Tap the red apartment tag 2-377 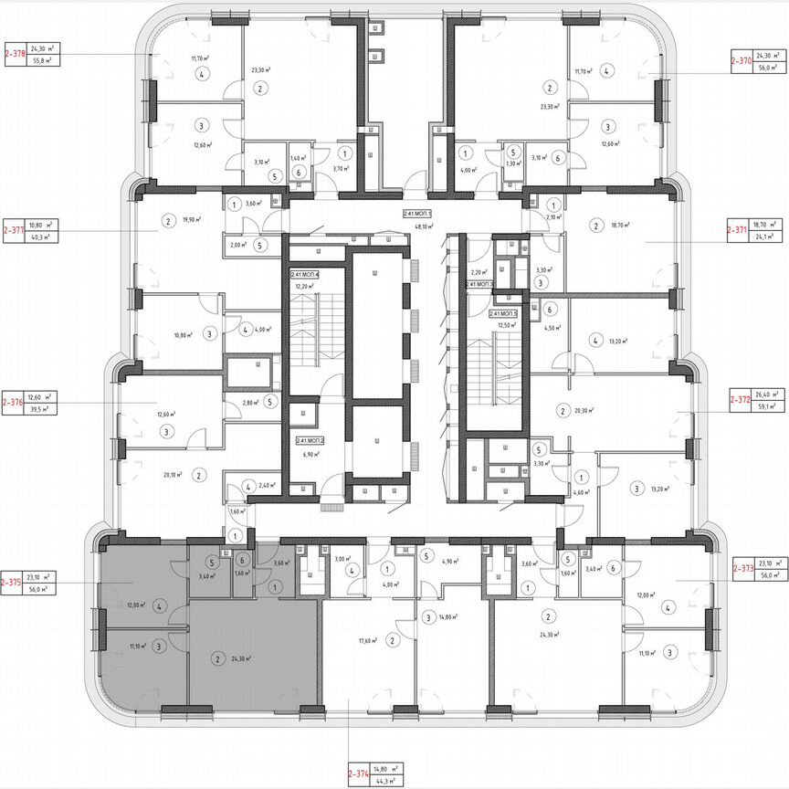[14, 230]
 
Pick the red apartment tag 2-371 [739, 230]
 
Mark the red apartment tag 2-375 [12, 583]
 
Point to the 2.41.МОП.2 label [310, 441]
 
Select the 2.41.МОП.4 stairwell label [305, 274]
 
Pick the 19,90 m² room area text [190, 220]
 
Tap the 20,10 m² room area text [173, 475]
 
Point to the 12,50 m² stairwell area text [503, 324]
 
